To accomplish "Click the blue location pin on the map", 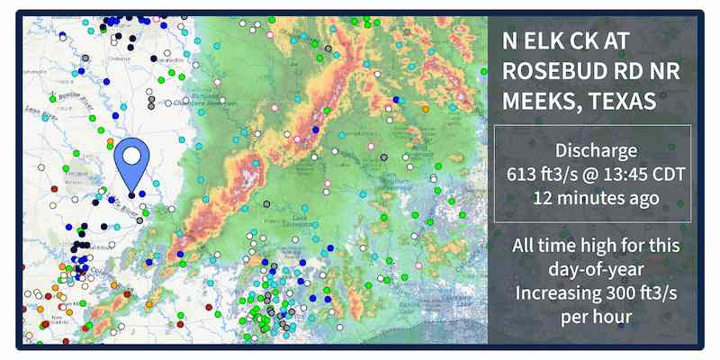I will coord(131,162).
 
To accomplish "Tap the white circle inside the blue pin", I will coord(131,156).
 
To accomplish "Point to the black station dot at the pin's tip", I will coord(131,193).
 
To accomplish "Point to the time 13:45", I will coord(620,173).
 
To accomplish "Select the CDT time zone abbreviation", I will coord(664,173).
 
